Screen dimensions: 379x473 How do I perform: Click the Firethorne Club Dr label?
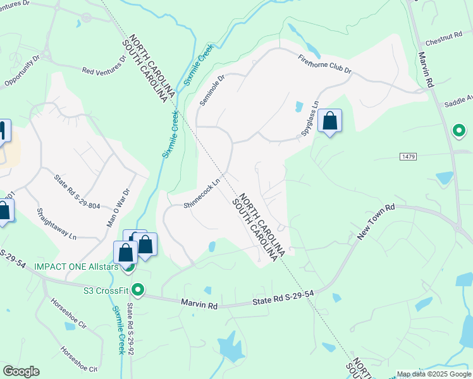coord(324,64)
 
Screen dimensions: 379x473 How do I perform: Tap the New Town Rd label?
coord(376,221)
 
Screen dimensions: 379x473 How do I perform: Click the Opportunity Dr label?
coord(23,73)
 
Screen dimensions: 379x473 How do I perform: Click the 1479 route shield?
coord(407,155)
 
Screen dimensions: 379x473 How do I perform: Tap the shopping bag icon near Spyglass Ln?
coord(329,120)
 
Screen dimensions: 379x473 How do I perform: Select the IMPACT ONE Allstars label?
coord(77,267)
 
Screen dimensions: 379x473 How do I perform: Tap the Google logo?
coord(21,371)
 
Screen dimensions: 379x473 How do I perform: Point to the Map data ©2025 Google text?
coord(434,374)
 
